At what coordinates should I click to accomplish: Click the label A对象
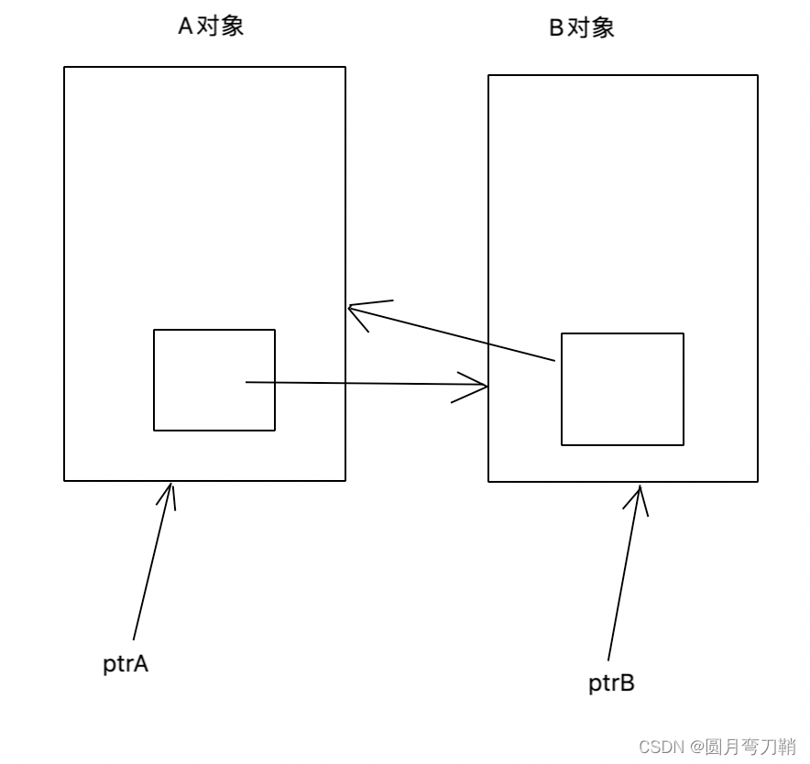click(x=211, y=26)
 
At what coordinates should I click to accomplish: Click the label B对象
click(x=581, y=28)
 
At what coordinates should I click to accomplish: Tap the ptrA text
click(x=126, y=664)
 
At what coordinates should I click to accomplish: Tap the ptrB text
click(x=611, y=683)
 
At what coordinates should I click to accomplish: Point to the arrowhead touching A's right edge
click(x=352, y=309)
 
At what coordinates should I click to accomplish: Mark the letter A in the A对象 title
click(x=185, y=26)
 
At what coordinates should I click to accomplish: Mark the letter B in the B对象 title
click(x=555, y=28)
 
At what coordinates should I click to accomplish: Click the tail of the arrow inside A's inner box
click(x=247, y=382)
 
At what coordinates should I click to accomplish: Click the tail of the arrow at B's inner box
click(x=554, y=361)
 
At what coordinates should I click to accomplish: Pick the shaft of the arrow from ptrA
click(x=150, y=568)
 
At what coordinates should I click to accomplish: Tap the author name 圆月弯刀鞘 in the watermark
click(x=750, y=747)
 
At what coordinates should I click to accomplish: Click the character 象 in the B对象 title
click(x=603, y=28)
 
